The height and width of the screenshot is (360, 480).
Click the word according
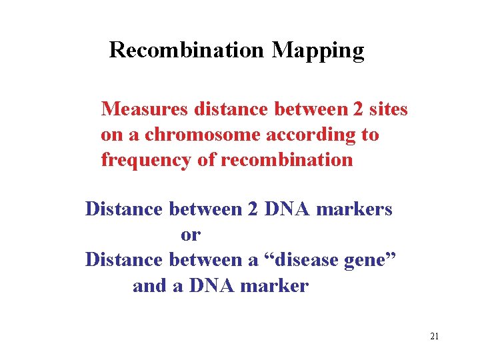[x=311, y=135]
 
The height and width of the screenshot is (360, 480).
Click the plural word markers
[x=354, y=209]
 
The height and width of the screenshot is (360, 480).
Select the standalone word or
[x=190, y=235]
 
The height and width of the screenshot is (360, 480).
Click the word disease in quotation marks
[x=302, y=261]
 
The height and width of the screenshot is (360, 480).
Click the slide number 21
[x=434, y=336]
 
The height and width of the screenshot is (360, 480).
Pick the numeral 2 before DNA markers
[x=253, y=209]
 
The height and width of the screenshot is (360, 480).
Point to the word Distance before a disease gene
[x=124, y=261]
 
